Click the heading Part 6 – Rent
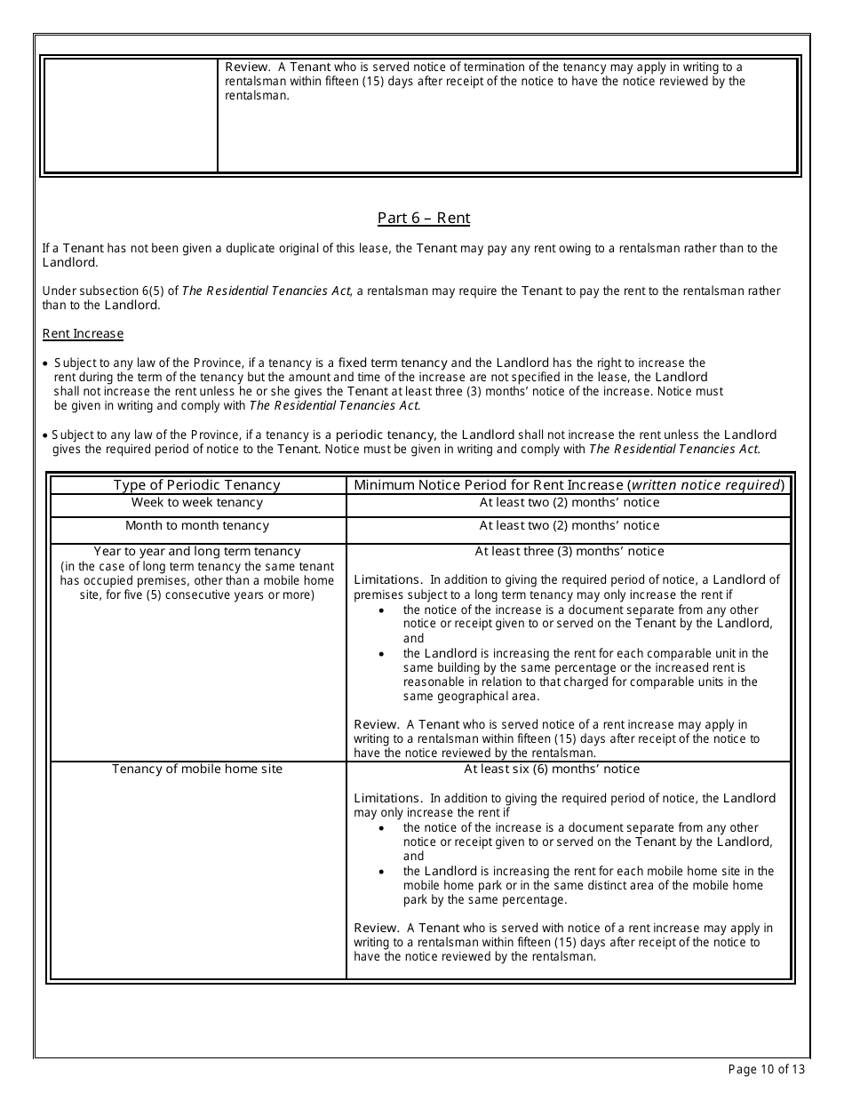pos(423,218)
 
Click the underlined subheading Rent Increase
pos(83,333)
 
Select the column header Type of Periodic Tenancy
pos(196,485)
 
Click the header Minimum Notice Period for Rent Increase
pos(569,485)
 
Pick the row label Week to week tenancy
pos(196,503)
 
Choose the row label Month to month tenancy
pos(196,526)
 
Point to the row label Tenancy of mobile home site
pos(196,769)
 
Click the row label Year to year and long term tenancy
pos(196,552)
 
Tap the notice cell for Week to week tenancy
pos(569,503)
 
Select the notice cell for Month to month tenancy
pos(569,526)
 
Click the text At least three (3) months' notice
pos(569,552)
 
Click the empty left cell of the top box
pos(131,115)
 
